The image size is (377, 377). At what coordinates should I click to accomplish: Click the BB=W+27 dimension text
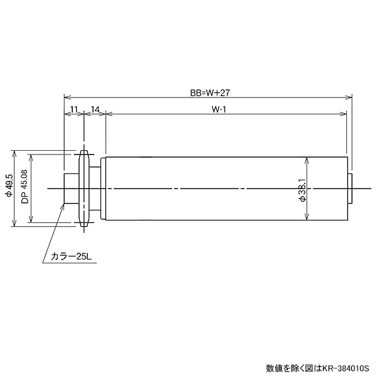click(x=207, y=92)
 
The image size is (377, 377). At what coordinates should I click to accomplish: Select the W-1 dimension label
click(x=219, y=109)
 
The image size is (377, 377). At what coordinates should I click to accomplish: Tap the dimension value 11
click(x=74, y=109)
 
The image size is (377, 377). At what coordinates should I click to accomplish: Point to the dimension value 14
click(x=96, y=109)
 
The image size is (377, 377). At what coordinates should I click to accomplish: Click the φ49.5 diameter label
click(x=8, y=187)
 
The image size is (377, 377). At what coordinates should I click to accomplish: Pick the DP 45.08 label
click(x=25, y=187)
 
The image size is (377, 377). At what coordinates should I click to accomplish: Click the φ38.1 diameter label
click(x=302, y=188)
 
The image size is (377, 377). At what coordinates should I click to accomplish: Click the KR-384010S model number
click(x=347, y=368)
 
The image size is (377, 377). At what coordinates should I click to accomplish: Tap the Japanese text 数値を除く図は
click(x=293, y=368)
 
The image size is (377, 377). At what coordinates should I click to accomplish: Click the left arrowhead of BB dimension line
click(x=67, y=97)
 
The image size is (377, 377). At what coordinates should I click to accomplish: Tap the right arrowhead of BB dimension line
click(x=349, y=97)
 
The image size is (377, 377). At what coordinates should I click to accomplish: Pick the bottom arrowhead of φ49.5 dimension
click(x=14, y=224)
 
